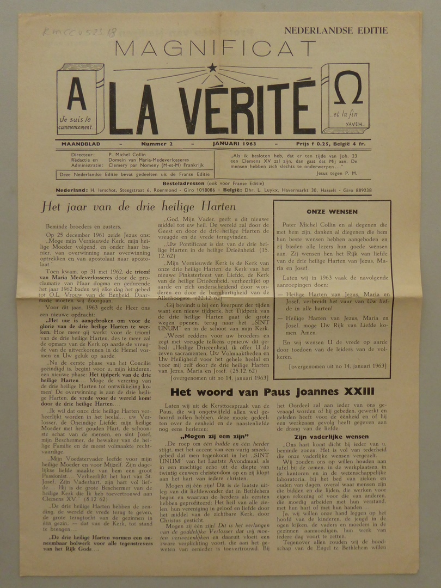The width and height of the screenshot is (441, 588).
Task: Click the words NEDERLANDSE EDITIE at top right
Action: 336,30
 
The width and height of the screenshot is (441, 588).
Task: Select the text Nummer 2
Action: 157,144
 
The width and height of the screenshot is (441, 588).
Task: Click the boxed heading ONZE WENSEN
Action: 332,211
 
